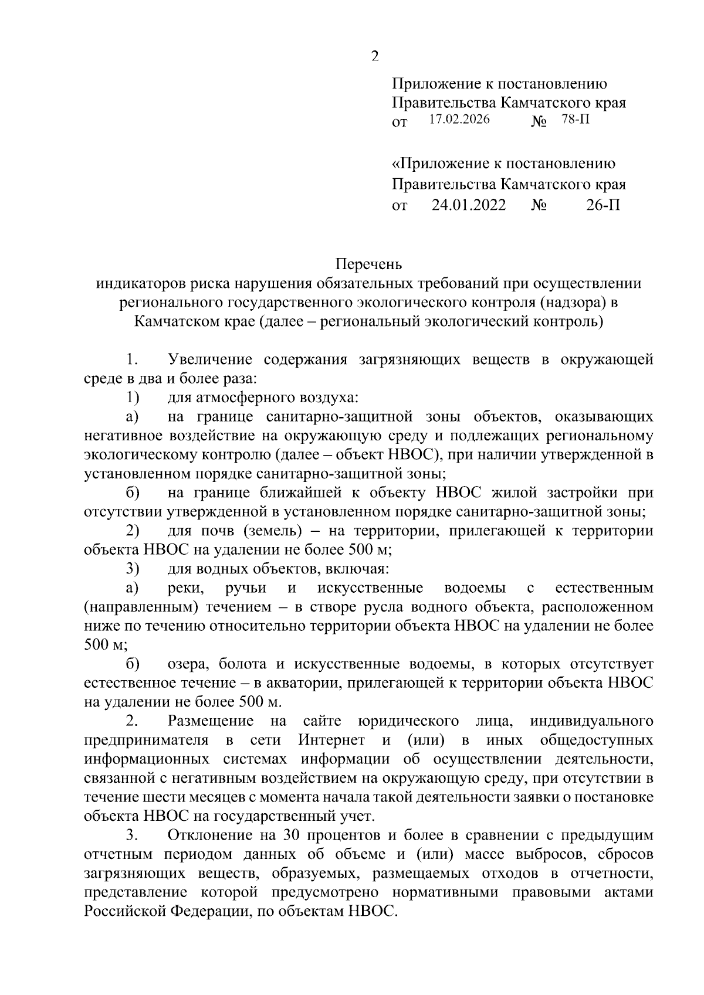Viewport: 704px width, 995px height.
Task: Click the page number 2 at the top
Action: (x=375, y=56)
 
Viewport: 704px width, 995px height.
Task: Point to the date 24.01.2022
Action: (x=469, y=205)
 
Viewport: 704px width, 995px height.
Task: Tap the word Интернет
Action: (x=331, y=740)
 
